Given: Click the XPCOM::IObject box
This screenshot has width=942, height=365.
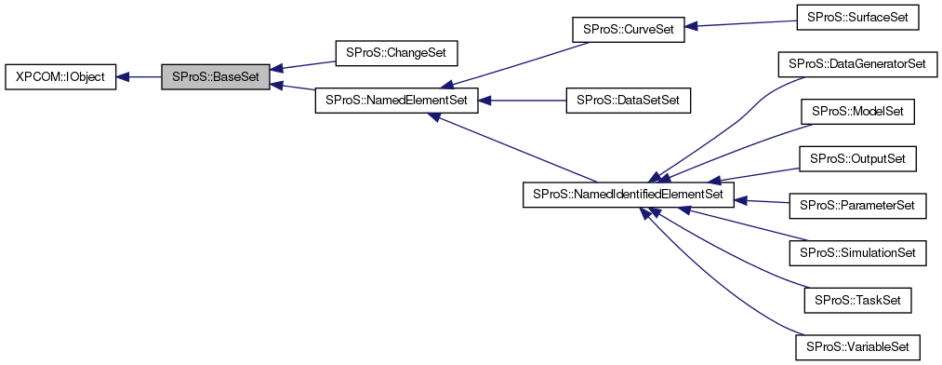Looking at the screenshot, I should (x=60, y=76).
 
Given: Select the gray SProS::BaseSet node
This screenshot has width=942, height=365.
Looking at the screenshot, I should (x=216, y=76).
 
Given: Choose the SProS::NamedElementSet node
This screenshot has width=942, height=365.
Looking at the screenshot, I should (x=397, y=100).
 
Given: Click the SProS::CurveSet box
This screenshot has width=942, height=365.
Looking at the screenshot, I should (x=628, y=29).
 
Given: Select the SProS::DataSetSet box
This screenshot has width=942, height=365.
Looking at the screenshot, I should (x=628, y=100).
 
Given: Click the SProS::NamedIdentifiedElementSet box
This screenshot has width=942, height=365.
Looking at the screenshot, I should (x=629, y=195).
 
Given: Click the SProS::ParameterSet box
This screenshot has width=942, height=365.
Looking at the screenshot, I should (x=858, y=206).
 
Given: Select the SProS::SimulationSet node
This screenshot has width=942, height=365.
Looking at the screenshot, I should (x=856, y=252).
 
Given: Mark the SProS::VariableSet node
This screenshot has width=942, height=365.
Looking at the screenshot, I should (x=858, y=346).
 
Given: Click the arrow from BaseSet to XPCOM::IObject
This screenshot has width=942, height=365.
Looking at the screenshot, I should (x=139, y=76).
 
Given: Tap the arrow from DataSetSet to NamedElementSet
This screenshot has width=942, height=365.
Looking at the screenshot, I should (x=522, y=100).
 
